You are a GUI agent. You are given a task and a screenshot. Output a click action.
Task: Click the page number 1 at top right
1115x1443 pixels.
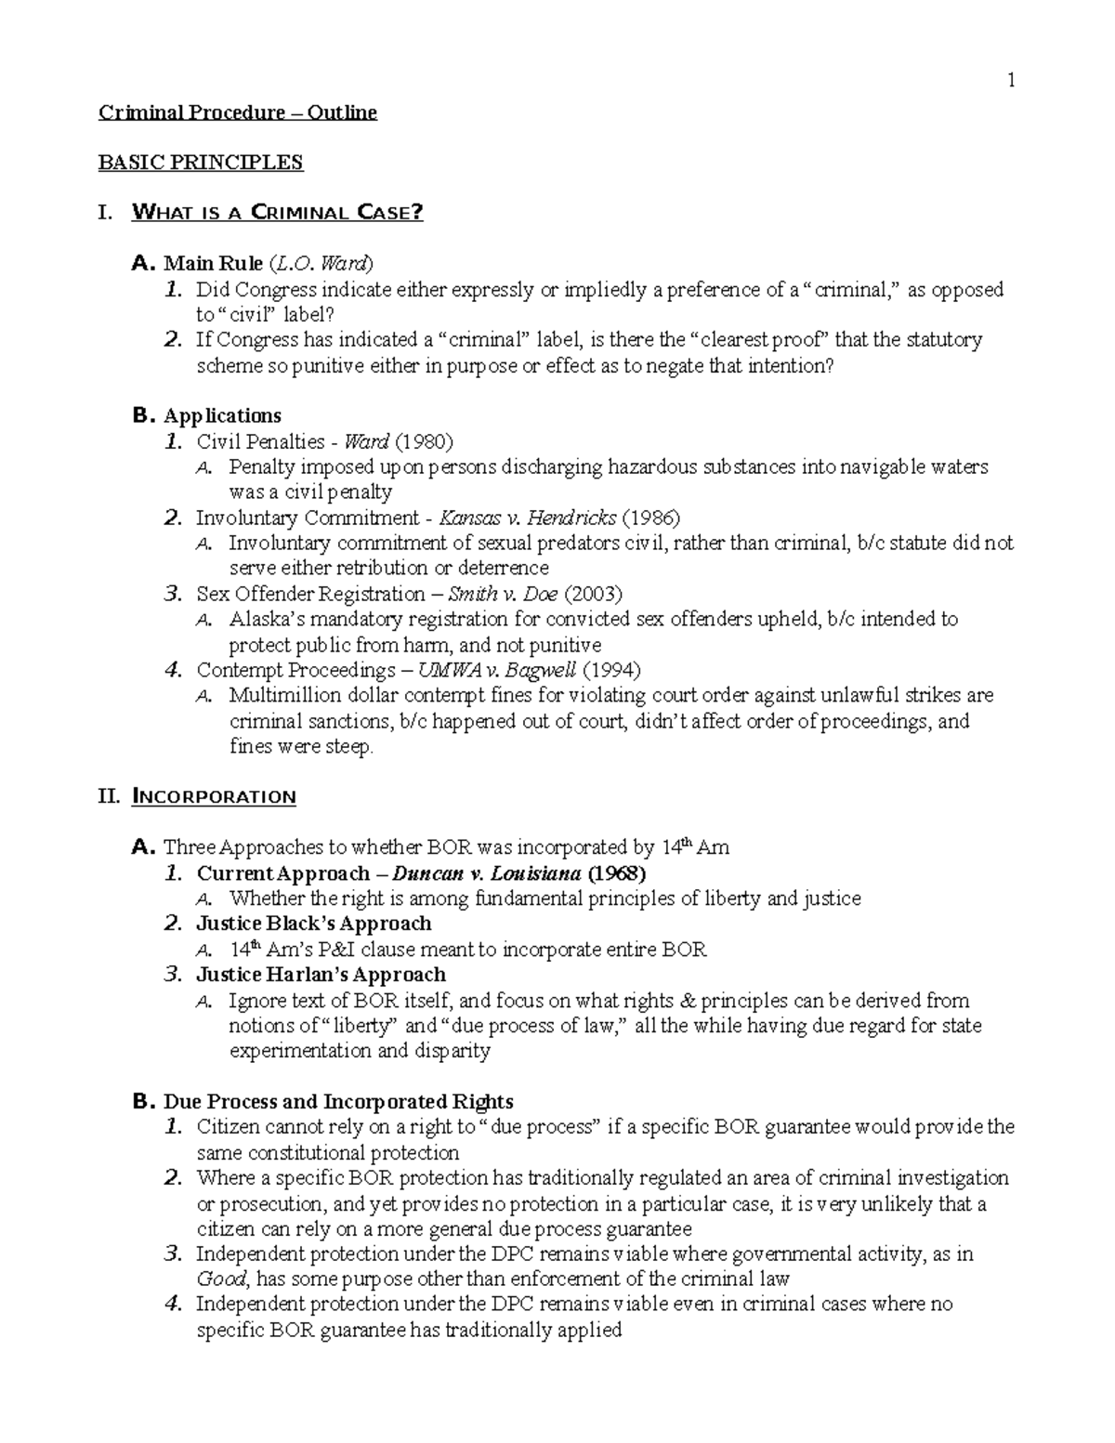point(1012,81)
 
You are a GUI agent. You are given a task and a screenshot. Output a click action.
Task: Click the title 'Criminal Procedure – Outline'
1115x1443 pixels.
point(238,113)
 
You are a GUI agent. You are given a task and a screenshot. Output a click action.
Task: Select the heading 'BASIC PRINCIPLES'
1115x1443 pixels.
point(201,163)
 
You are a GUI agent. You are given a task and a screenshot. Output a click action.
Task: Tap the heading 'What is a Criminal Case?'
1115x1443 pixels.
point(278,213)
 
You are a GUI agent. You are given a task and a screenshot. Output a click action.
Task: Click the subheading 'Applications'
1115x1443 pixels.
point(222,415)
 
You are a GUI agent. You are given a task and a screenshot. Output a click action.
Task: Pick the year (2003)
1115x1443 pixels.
point(594,594)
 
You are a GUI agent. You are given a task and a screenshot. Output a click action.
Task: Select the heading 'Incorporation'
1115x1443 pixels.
point(215,797)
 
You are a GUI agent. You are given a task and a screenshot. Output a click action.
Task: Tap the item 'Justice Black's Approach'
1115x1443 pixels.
point(314,924)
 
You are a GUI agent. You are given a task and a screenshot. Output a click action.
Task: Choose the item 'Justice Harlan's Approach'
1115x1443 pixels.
point(321,975)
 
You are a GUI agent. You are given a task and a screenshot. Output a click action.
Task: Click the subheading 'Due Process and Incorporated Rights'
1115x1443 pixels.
point(338,1102)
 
